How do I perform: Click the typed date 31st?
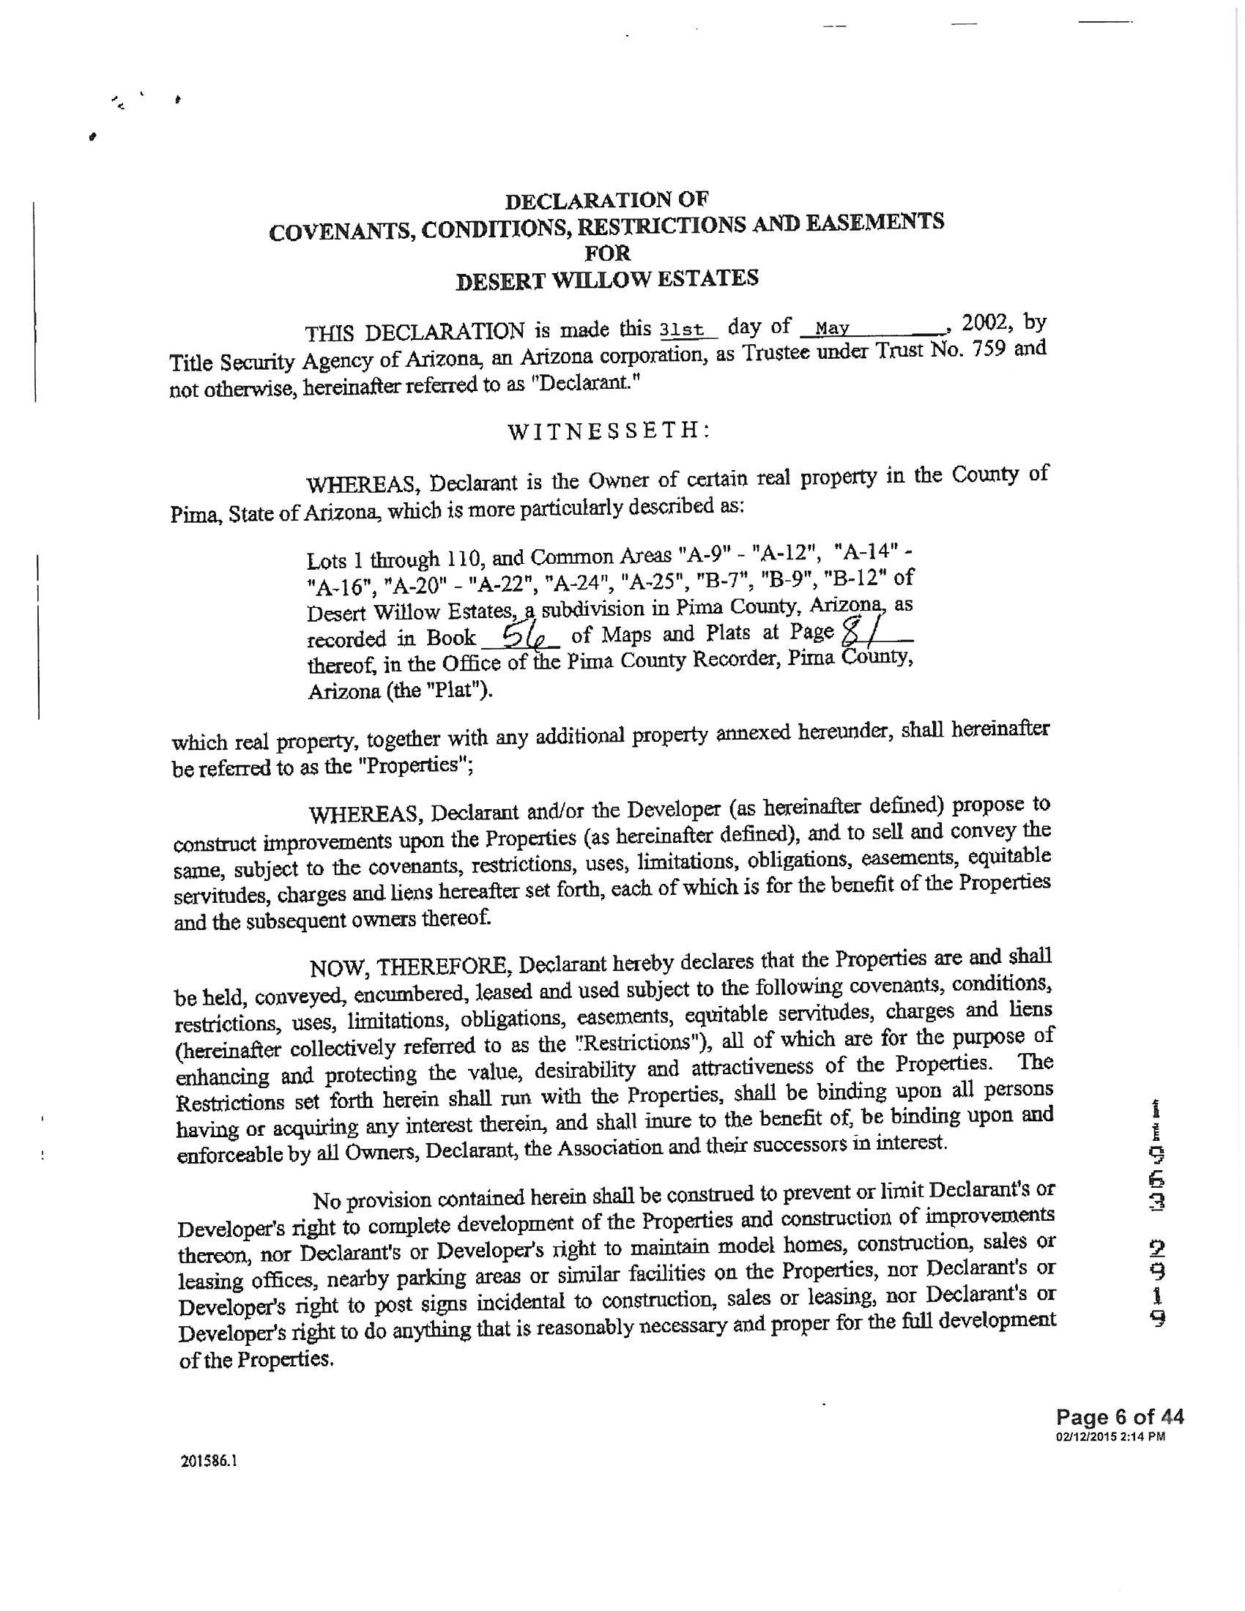(684, 329)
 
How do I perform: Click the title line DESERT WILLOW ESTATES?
(607, 280)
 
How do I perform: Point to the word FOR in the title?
(608, 254)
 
